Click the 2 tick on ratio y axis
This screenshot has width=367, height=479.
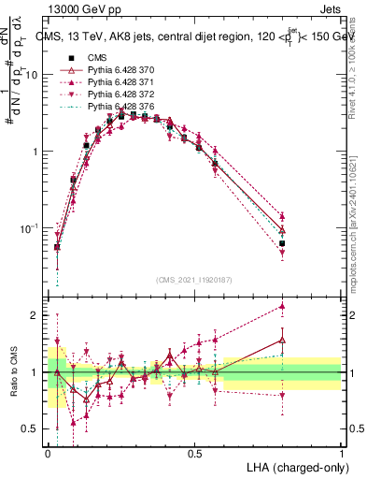click(37, 315)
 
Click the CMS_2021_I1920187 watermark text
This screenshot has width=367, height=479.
click(194, 280)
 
